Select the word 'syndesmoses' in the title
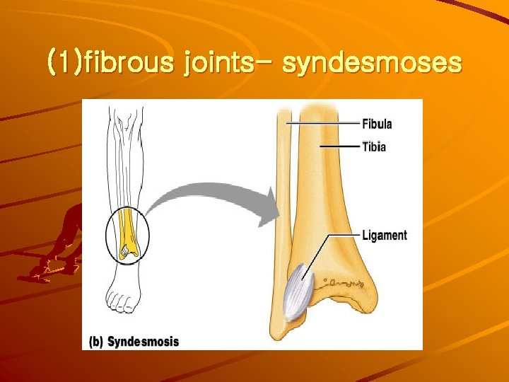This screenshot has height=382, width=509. point(372,64)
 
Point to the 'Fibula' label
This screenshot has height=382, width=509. point(377,125)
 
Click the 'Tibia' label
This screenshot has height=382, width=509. point(374,147)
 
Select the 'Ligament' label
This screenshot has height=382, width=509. point(384,235)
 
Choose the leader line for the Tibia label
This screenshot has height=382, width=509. point(339,146)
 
